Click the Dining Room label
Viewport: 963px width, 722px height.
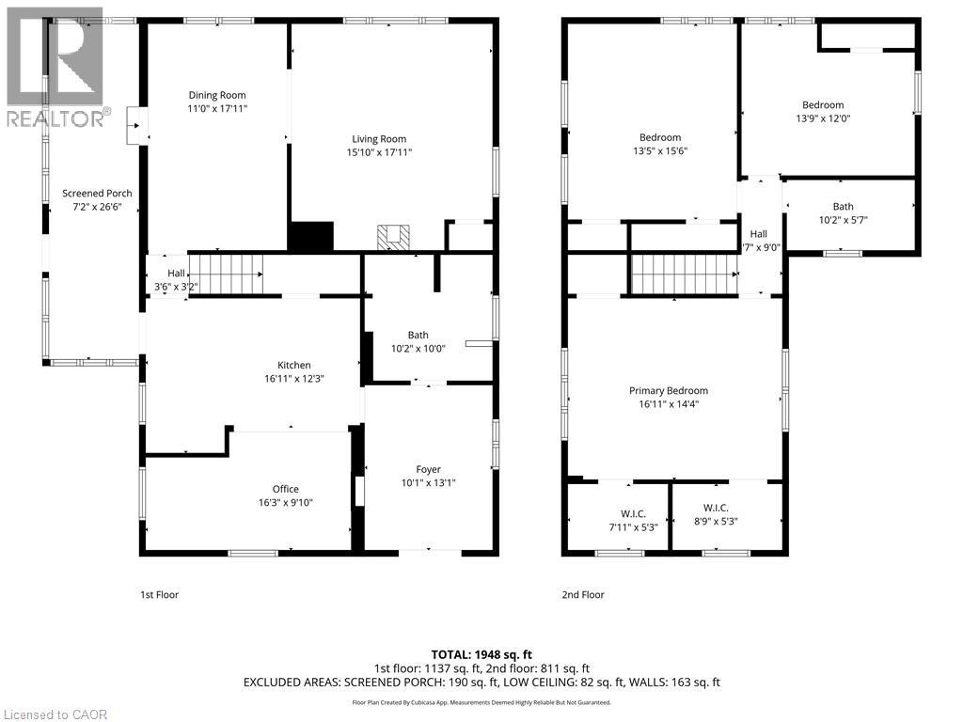click(x=217, y=95)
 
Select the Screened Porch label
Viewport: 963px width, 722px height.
click(x=97, y=194)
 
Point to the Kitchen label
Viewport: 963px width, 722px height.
click(x=293, y=366)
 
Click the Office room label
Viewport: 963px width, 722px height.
click(x=286, y=489)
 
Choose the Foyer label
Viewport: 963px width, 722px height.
click(x=428, y=470)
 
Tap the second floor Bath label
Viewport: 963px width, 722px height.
click(x=843, y=207)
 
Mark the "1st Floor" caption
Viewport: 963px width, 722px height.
click(x=159, y=594)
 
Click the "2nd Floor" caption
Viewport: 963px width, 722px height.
click(x=583, y=594)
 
